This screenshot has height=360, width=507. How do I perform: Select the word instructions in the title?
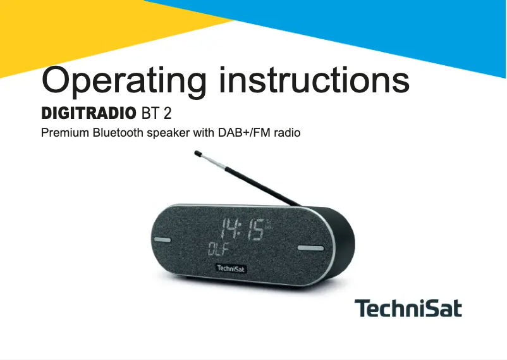[x=314, y=80]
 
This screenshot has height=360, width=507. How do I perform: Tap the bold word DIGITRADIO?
[x=88, y=115]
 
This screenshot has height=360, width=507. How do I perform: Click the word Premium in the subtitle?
[x=65, y=133]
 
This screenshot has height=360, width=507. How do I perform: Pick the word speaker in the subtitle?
[x=168, y=134]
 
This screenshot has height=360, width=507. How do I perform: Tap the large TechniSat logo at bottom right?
[x=408, y=309]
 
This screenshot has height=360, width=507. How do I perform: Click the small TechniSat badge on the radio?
[x=231, y=269]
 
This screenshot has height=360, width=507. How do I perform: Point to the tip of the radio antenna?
[x=198, y=153]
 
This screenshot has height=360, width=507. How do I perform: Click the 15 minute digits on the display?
[x=255, y=229]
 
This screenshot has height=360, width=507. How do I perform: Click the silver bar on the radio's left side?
[x=161, y=240]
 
